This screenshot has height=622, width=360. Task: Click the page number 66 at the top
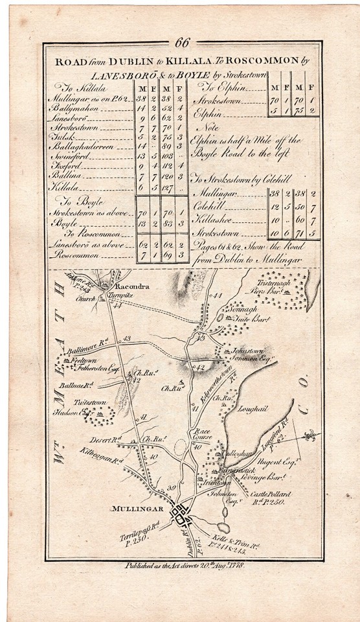[x=182, y=43]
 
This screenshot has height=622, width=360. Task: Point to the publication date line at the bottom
[x=184, y=566]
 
